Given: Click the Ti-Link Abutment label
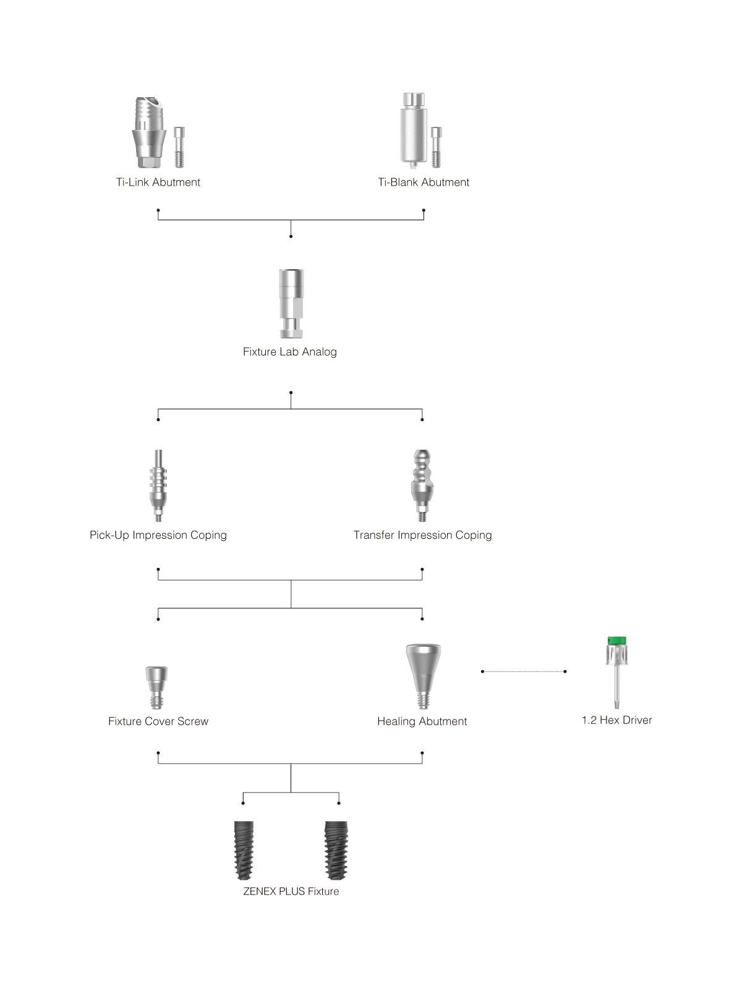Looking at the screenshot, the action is pyautogui.click(x=158, y=182).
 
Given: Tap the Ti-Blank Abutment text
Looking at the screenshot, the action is pyautogui.click(x=424, y=182).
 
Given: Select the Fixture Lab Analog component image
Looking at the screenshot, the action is pyautogui.click(x=291, y=304).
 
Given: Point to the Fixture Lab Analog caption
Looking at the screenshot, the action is pyautogui.click(x=289, y=352).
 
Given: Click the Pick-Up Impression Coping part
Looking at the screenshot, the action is pyautogui.click(x=158, y=485).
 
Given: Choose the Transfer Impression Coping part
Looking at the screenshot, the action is pyautogui.click(x=422, y=485).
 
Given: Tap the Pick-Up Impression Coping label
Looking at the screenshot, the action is pyautogui.click(x=158, y=535).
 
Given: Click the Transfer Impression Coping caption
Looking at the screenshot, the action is pyautogui.click(x=422, y=535).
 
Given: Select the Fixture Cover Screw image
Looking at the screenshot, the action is pyautogui.click(x=156, y=687).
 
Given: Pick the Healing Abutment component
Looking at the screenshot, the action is pyautogui.click(x=424, y=676).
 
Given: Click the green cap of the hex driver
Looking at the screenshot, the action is pyautogui.click(x=616, y=641).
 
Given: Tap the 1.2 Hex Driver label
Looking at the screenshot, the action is pyautogui.click(x=616, y=720).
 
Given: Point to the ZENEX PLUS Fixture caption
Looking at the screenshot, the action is pyautogui.click(x=291, y=891).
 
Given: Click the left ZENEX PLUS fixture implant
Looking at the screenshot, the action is pyautogui.click(x=244, y=850).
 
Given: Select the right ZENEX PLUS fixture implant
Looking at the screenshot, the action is pyautogui.click(x=336, y=850).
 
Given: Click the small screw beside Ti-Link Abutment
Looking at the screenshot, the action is pyautogui.click(x=179, y=147).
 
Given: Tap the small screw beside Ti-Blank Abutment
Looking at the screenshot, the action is pyautogui.click(x=436, y=147).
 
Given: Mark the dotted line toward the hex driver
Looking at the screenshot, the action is pyautogui.click(x=524, y=671).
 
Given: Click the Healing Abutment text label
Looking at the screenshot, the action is pyautogui.click(x=422, y=721).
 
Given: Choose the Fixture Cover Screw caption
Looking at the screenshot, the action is pyautogui.click(x=158, y=721).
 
